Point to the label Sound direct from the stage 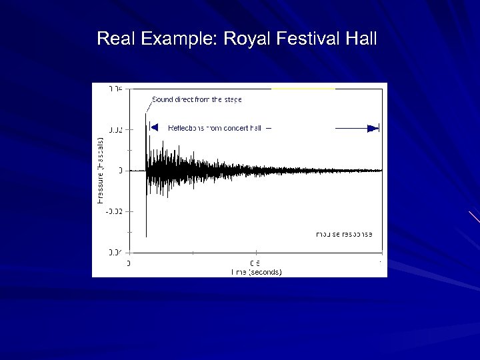coord(197,99)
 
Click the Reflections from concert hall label coord(214,127)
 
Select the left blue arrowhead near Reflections coord(153,127)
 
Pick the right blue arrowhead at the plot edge coord(373,128)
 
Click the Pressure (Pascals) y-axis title coord(100,170)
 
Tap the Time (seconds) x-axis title coord(256,272)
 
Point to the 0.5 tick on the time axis coord(255,263)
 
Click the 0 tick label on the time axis coord(129,263)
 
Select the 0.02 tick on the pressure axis coord(115,129)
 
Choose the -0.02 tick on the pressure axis coord(114,211)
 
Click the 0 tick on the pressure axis coord(120,171)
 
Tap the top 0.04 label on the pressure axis coord(115,89)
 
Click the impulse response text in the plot coord(344,234)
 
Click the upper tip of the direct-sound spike coord(146,113)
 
